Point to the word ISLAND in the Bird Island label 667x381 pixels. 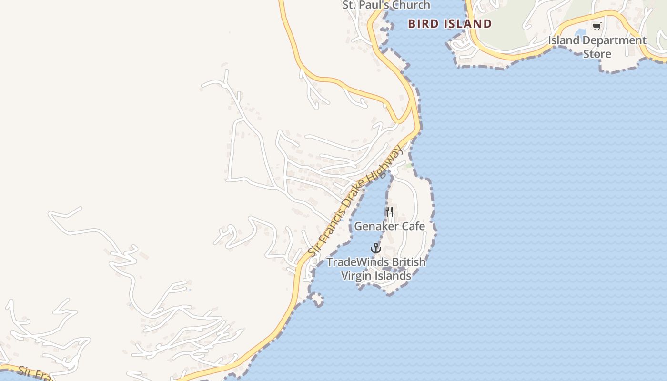pyautogui.click(x=468, y=24)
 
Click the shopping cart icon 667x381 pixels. pyautogui.click(x=597, y=26)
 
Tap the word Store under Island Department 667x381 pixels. pyautogui.click(x=597, y=54)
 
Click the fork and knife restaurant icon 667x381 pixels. pyautogui.click(x=389, y=212)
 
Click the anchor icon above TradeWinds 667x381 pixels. pyautogui.click(x=376, y=248)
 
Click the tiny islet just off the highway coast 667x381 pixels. pyautogui.click(x=316, y=300)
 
